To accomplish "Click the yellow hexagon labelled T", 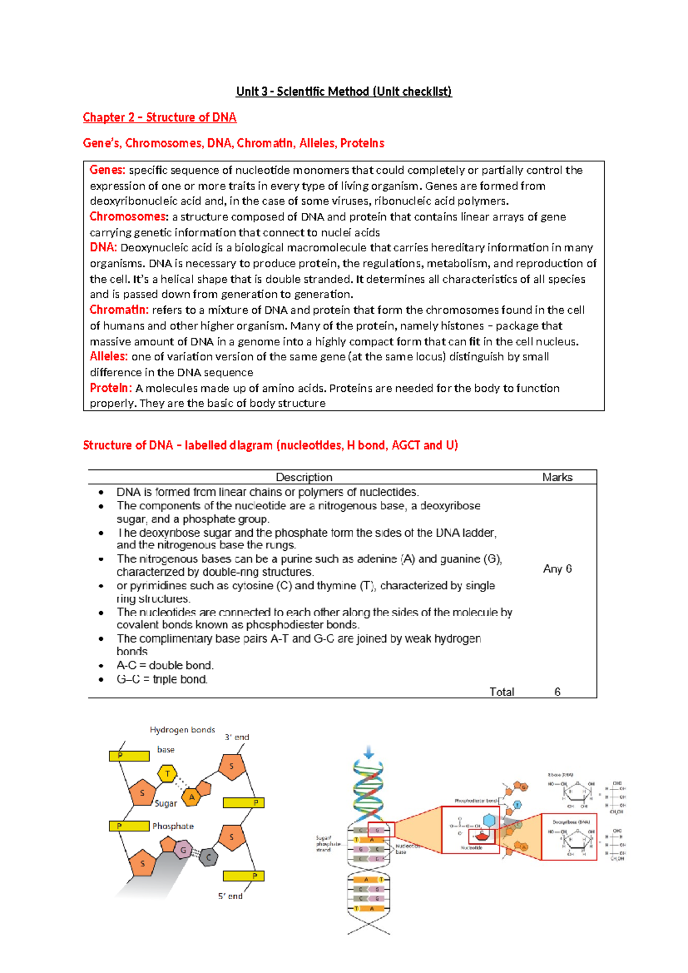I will (x=167, y=774).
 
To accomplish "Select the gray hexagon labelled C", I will (x=209, y=857).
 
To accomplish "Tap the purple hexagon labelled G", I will (x=183, y=850).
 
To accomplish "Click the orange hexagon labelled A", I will (x=191, y=797).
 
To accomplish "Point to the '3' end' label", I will (x=237, y=737).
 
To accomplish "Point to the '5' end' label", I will (x=230, y=896).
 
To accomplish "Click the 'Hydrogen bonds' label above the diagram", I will (x=182, y=730).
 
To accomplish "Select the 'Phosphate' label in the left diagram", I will (x=173, y=826).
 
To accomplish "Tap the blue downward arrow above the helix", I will (x=368, y=752).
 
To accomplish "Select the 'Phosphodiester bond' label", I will (x=476, y=800).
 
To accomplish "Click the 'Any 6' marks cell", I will (x=557, y=569).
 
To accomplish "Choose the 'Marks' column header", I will (x=557, y=477).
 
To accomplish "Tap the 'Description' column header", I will (x=304, y=477).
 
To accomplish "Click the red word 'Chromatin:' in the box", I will (x=119, y=310).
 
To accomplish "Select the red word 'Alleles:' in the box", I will (x=108, y=356).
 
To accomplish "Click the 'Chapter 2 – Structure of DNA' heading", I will (x=159, y=117).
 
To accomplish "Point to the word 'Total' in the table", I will (x=502, y=692).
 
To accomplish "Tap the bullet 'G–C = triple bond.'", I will (x=162, y=679).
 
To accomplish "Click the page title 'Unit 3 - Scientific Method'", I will (x=344, y=91).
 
